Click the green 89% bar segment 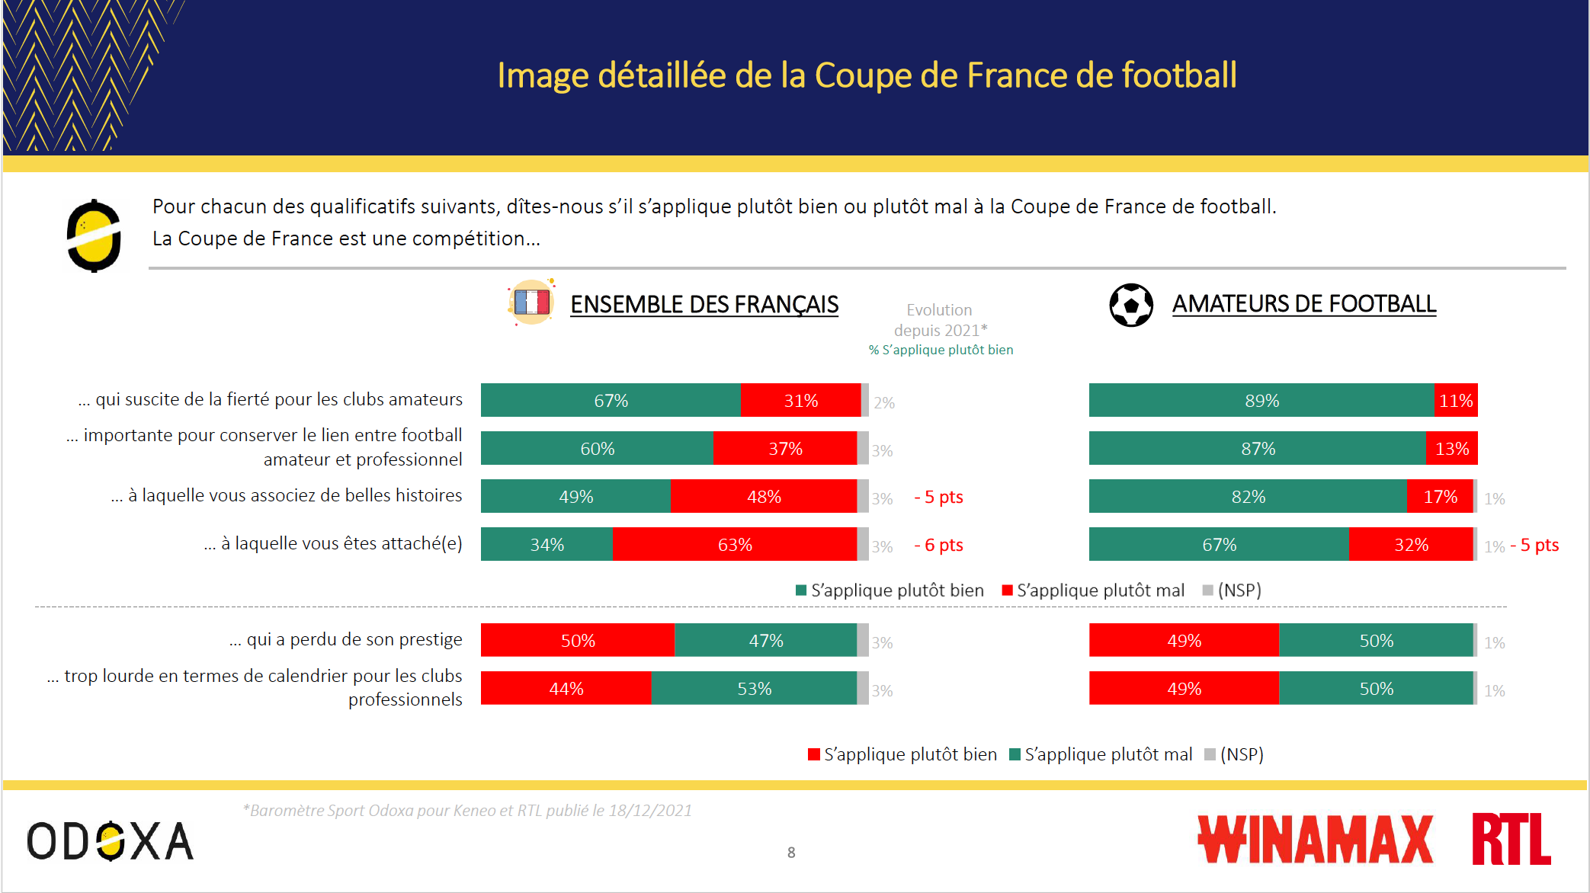[1261, 401]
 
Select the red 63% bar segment [734, 545]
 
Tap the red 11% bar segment [1455, 401]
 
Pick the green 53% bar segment [754, 689]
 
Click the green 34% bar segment [547, 545]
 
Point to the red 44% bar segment [566, 689]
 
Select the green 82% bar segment [1248, 497]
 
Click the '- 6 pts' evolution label [938, 545]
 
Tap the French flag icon [531, 302]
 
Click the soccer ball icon [1131, 305]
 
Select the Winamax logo [1315, 840]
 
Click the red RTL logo [1511, 839]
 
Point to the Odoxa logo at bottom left [111, 841]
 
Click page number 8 [791, 853]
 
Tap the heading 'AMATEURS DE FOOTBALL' [1303, 304]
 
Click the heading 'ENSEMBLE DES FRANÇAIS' [704, 305]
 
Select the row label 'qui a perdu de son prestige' [346, 639]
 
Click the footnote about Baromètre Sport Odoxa [467, 811]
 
